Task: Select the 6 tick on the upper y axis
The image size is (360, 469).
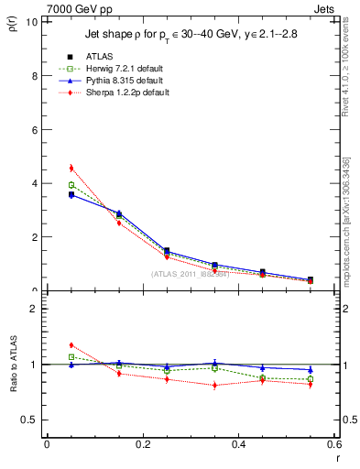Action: [35, 130]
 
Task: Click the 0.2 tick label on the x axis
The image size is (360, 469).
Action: [142, 443]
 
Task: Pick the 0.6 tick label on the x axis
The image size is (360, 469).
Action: [333, 443]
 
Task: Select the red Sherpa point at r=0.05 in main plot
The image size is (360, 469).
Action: [71, 168]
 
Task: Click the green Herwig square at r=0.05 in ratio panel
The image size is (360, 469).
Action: [71, 357]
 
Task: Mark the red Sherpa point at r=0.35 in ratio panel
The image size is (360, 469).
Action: [214, 385]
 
